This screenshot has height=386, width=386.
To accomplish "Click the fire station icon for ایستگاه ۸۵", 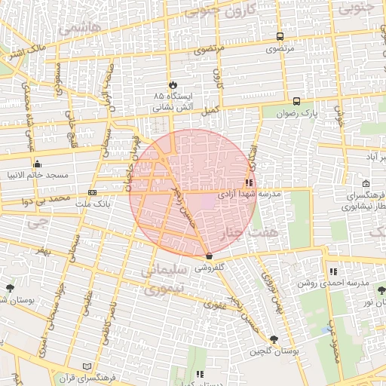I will [x=173, y=84].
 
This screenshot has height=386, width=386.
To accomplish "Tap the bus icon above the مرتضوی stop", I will [x=280, y=36].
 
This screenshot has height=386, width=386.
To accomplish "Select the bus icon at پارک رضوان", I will [x=296, y=100].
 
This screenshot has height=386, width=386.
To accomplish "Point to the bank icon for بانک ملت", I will [x=92, y=192].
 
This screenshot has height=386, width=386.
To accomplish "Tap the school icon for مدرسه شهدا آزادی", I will [x=249, y=182].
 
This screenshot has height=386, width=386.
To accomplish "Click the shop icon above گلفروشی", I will [x=209, y=257].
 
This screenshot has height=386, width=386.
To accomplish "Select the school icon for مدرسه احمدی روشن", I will [x=332, y=271].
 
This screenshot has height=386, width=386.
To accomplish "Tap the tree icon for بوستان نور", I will [x=381, y=289].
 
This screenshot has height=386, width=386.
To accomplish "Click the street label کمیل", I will [x=206, y=110].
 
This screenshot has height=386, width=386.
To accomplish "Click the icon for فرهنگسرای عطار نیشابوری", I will [x=366, y=183].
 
